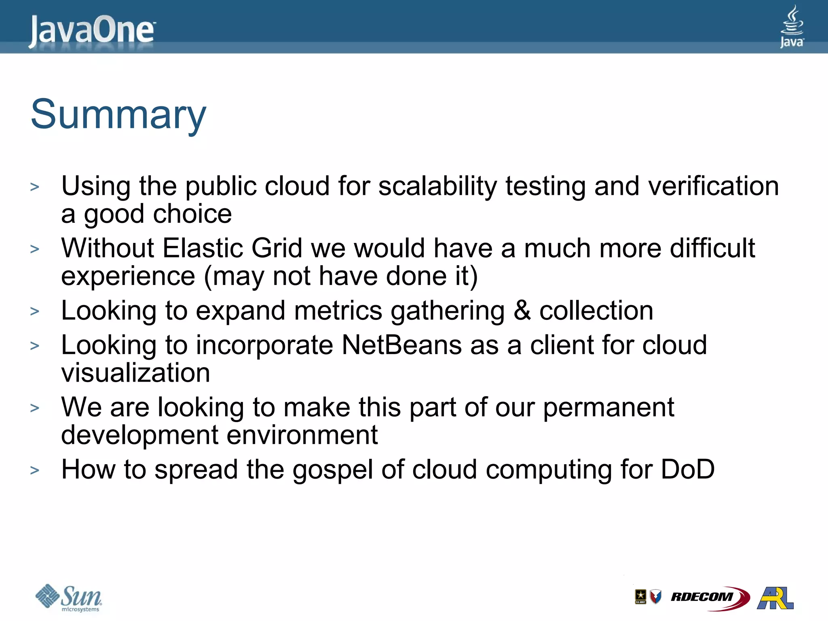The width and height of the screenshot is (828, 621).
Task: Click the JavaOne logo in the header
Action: tap(92, 31)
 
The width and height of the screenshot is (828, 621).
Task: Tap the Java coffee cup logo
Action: tap(792, 26)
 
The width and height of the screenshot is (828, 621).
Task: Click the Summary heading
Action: tap(118, 115)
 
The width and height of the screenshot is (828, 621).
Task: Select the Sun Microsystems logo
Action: tap(69, 598)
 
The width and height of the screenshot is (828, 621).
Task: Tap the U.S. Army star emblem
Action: tap(640, 596)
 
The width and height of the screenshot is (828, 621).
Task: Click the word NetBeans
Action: tap(401, 345)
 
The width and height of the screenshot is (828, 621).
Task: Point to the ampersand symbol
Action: tap(522, 310)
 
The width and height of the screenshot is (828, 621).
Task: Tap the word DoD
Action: tap(688, 469)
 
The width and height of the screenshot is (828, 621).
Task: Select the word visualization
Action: tap(135, 373)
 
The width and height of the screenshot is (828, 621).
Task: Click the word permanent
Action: tap(608, 408)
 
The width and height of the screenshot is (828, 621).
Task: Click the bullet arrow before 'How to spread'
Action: tap(35, 470)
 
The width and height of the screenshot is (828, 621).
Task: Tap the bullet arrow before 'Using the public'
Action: tap(35, 187)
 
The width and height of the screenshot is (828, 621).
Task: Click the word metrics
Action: tap(338, 310)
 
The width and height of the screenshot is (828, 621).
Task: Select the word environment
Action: tap(302, 435)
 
